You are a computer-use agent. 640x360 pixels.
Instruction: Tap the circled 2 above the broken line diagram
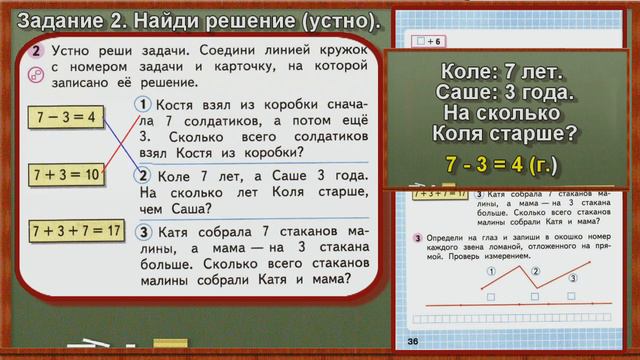pyautogui.click(x=536, y=271)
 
